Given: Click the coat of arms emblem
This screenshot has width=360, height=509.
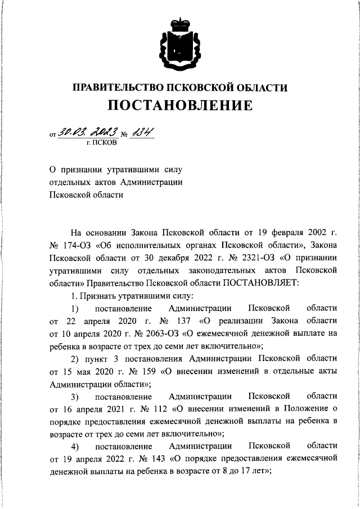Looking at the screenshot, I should tap(180, 42).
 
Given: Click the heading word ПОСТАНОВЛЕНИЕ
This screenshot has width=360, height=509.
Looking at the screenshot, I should tap(180, 105).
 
